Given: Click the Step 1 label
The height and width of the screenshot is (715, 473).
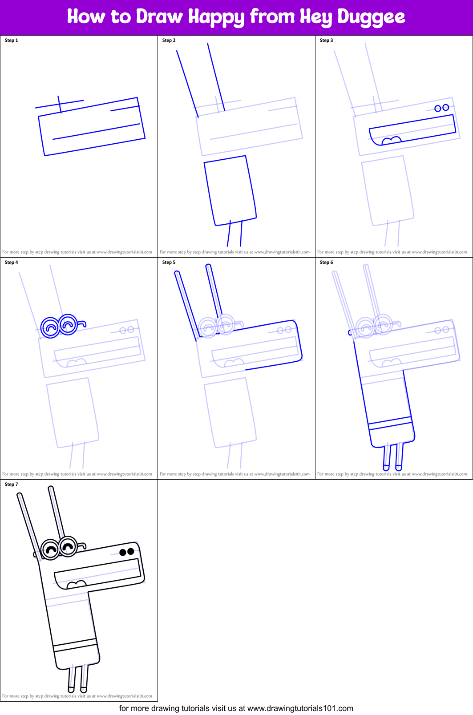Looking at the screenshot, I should [x=11, y=40].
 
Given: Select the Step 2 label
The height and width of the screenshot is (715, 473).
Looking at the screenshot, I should [x=169, y=40].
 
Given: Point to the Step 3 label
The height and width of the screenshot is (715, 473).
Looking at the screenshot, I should [x=326, y=40].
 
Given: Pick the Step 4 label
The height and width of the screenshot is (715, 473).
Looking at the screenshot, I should [x=11, y=263].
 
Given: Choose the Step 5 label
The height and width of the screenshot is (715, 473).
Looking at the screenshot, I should [x=169, y=263].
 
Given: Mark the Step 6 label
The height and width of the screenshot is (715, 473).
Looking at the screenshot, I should [x=326, y=263].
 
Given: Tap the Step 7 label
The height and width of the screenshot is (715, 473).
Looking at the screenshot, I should [x=11, y=485].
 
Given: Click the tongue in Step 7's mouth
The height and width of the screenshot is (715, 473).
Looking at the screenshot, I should [x=76, y=584].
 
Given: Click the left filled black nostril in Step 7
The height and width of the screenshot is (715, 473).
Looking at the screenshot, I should [x=123, y=552].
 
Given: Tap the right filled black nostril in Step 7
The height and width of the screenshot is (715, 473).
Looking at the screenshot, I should [x=131, y=551].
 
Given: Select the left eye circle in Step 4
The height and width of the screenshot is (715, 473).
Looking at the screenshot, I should [x=50, y=327].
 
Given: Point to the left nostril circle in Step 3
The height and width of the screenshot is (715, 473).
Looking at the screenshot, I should [x=438, y=109].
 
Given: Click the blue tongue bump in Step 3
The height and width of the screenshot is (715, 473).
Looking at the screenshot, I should [x=392, y=141].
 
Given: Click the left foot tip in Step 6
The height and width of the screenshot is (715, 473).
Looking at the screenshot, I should [x=386, y=467].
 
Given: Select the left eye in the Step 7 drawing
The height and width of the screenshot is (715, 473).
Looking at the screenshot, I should [x=50, y=549].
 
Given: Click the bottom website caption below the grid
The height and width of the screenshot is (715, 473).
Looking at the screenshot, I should [x=236, y=708].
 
